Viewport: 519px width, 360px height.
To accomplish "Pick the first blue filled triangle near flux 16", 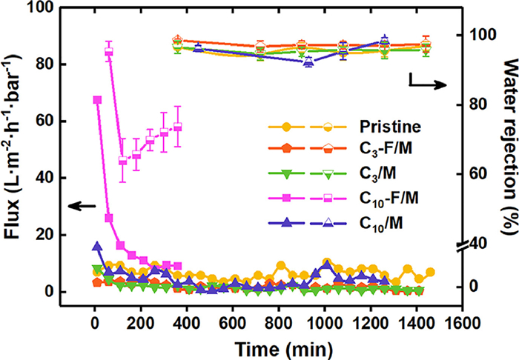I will click(x=96, y=247).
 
